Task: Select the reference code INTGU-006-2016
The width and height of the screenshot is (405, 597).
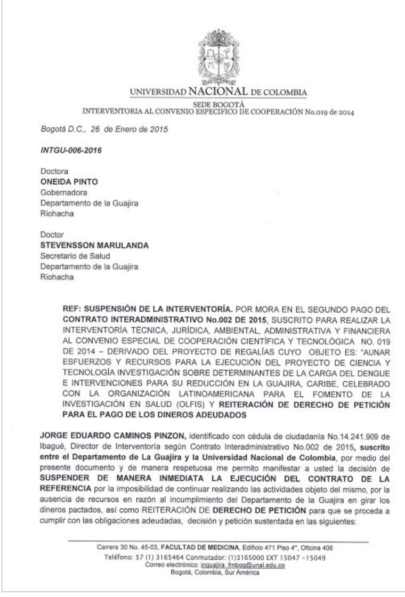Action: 71,150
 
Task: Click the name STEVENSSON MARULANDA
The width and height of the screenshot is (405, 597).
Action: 95,245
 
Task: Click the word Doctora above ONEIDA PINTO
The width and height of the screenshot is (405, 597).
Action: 54,172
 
